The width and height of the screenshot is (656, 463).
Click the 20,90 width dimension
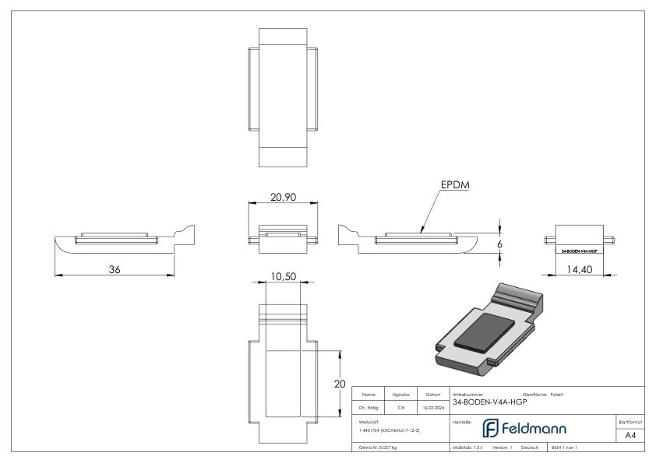click(281, 198)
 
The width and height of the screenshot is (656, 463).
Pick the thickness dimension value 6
click(500, 244)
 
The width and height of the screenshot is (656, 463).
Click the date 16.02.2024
click(432, 406)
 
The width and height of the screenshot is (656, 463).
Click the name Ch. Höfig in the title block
click(369, 406)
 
